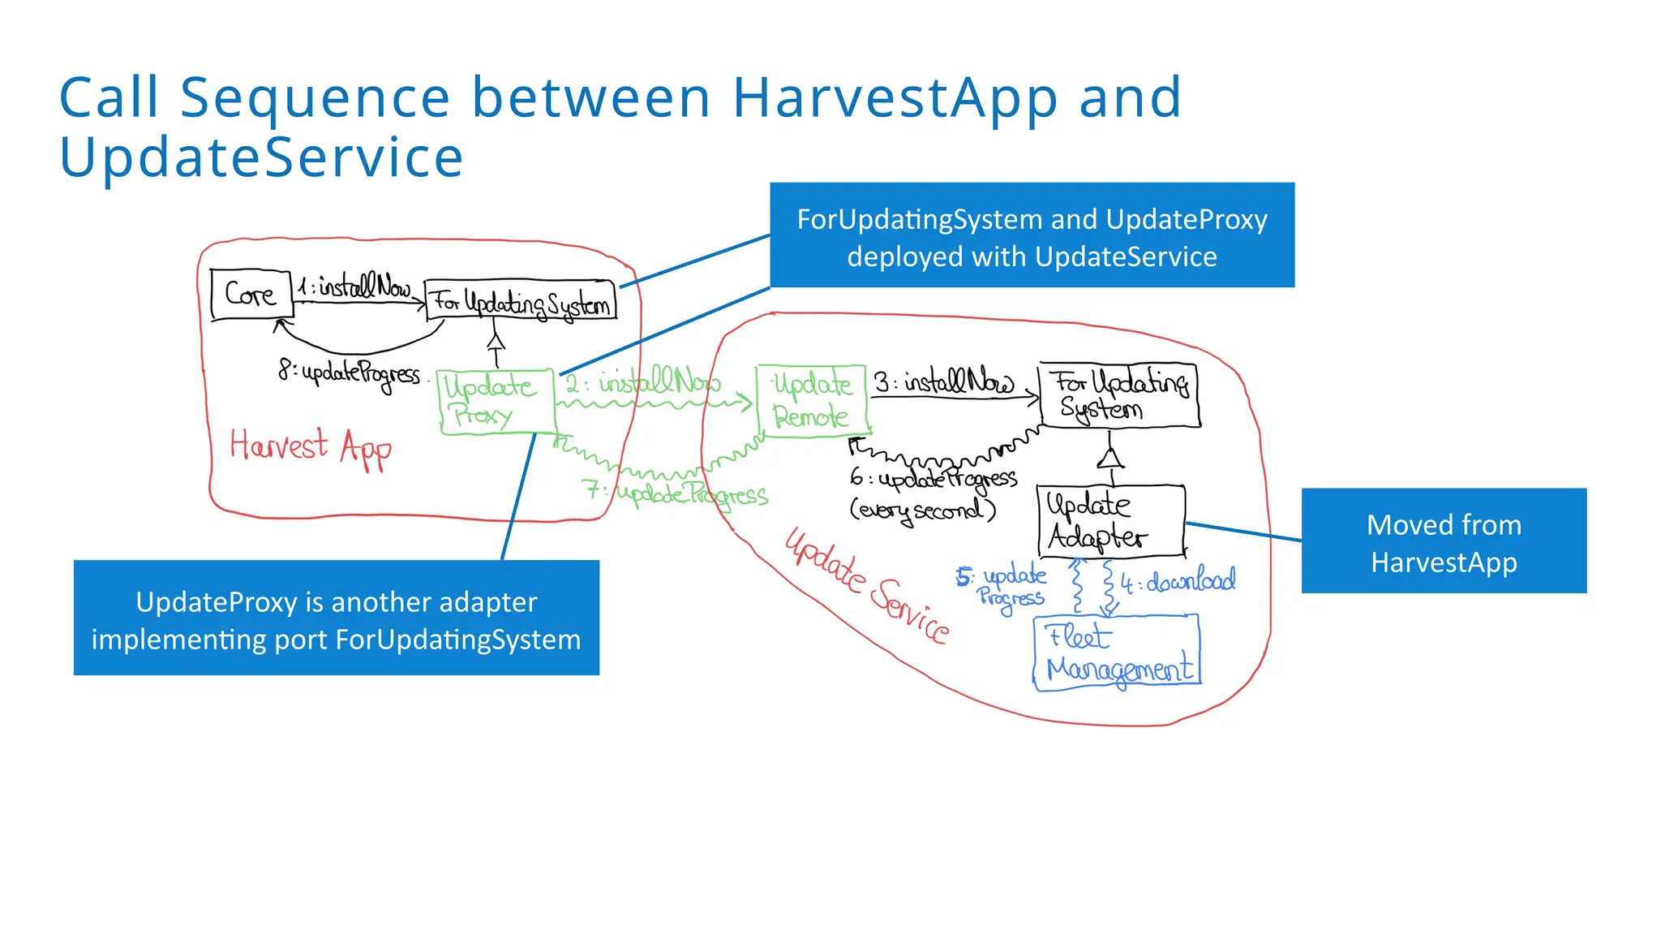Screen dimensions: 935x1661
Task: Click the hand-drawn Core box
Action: pos(251,294)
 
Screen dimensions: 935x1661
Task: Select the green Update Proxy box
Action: pos(496,402)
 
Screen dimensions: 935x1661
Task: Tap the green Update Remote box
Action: pos(812,401)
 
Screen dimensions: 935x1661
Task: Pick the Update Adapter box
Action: pos(1110,520)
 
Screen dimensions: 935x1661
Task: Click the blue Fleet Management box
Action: pos(1117,653)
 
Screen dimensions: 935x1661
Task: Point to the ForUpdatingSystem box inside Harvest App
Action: pos(520,301)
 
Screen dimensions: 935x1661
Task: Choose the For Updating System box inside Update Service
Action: pos(1119,395)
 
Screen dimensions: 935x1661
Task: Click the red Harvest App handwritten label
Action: pos(311,447)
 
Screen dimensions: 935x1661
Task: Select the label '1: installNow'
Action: pos(354,287)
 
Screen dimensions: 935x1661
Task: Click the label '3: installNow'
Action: pos(943,381)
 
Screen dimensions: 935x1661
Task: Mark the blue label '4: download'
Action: pos(1178,581)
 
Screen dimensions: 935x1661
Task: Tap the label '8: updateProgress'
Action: pos(350,374)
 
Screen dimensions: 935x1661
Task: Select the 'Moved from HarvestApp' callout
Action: pos(1443,541)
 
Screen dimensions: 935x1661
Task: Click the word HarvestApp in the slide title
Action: pos(895,98)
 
